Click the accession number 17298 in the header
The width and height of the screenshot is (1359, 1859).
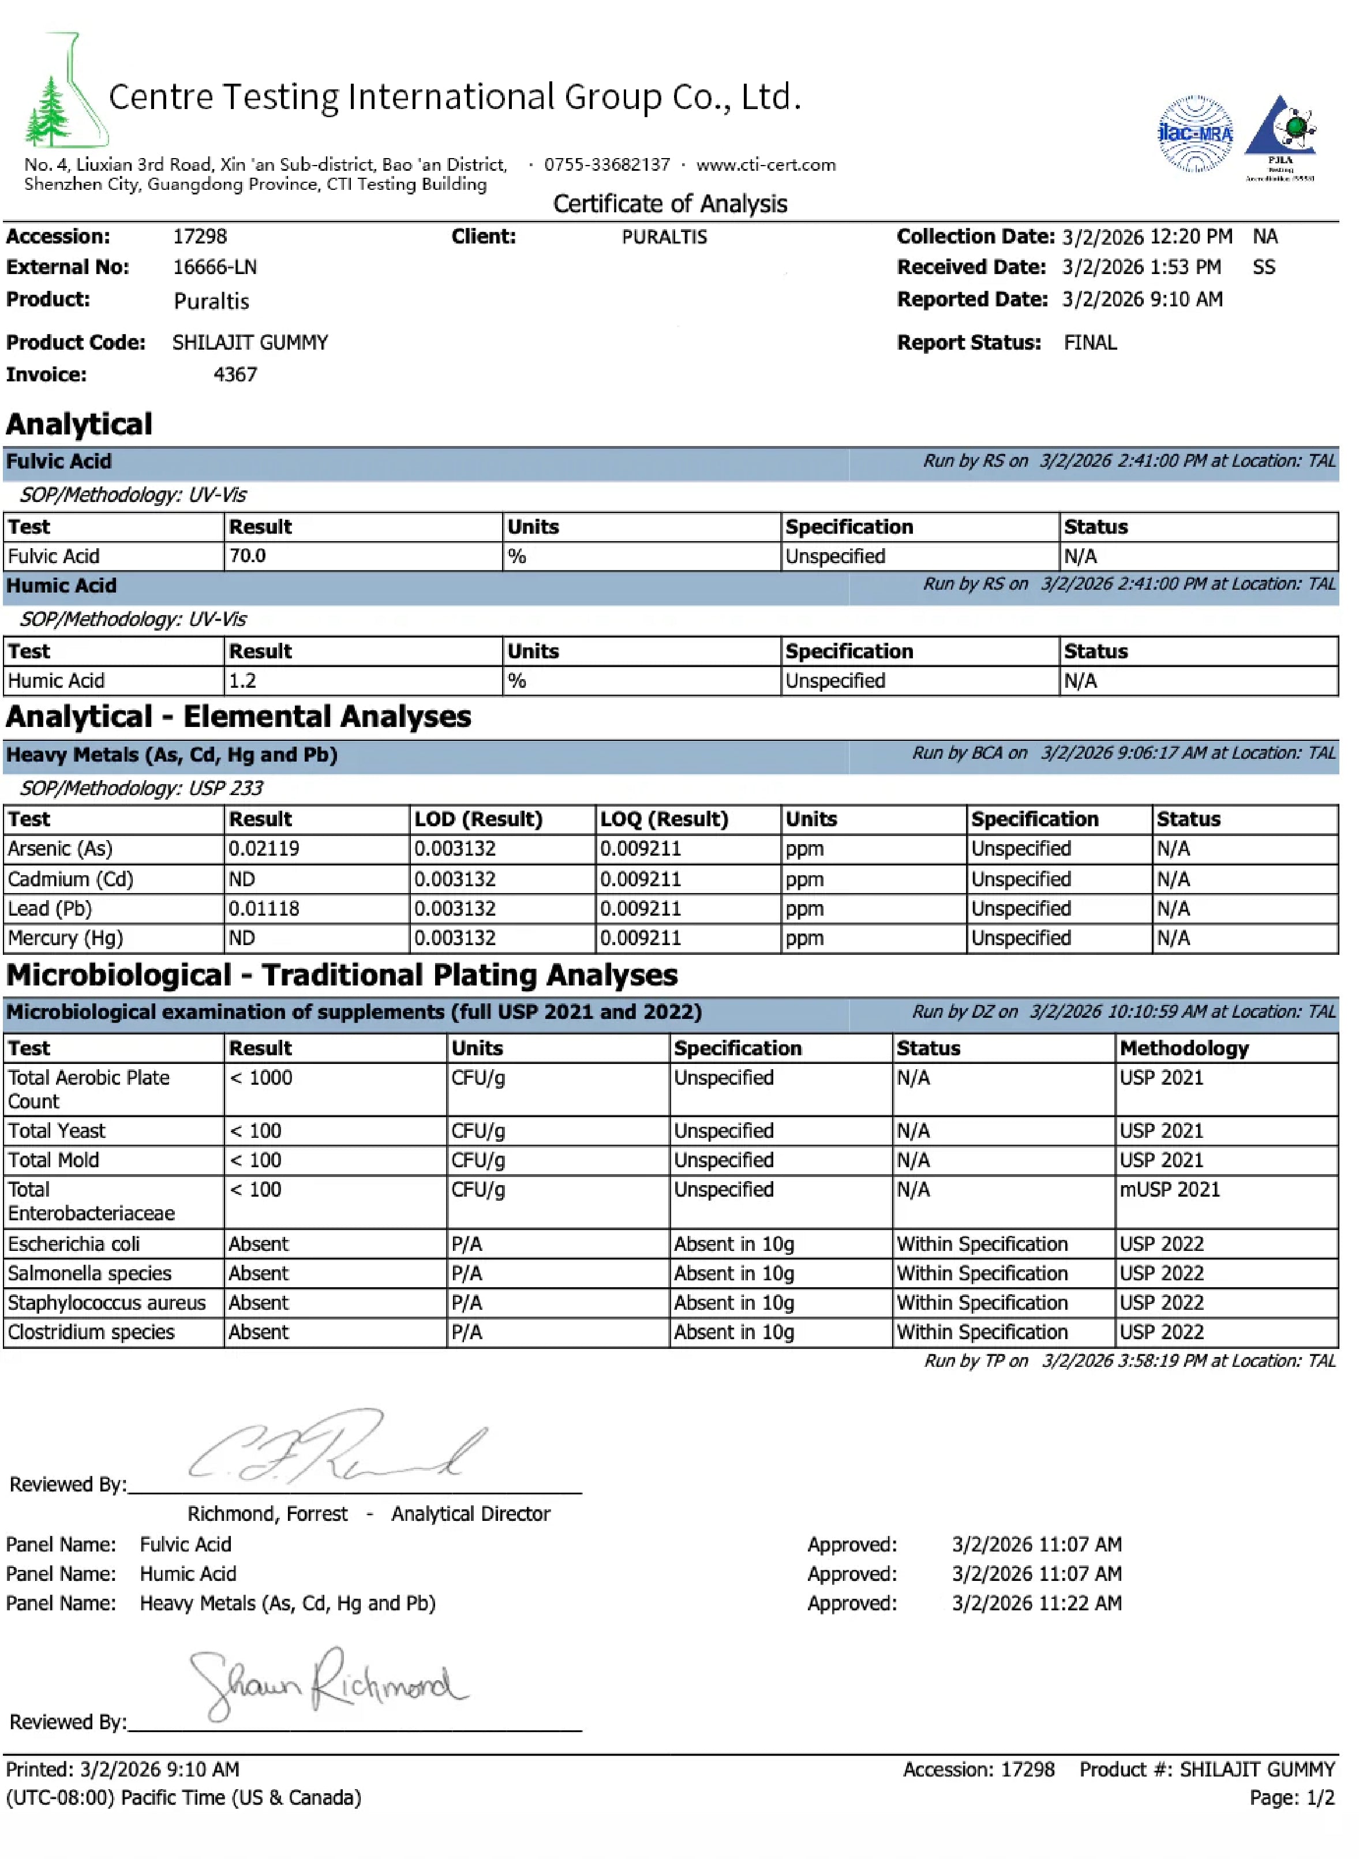(x=200, y=237)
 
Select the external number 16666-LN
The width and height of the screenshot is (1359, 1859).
(x=215, y=267)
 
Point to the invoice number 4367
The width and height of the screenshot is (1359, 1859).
(x=235, y=375)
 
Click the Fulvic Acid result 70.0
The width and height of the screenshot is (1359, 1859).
(x=247, y=556)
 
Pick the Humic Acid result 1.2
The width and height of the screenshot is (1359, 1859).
(x=243, y=681)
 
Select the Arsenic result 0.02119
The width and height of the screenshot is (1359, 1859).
(x=264, y=849)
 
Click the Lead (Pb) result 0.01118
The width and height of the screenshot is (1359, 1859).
(x=264, y=909)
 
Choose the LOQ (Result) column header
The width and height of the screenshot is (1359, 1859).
(x=664, y=819)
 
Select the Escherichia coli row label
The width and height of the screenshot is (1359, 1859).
(x=74, y=1245)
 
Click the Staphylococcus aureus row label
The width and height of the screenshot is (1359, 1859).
(x=107, y=1304)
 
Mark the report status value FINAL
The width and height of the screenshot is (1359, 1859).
(x=1090, y=343)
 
